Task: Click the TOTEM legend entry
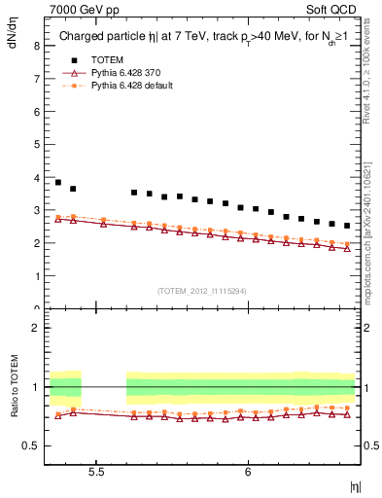point(110,59)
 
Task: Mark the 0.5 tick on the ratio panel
point(31,446)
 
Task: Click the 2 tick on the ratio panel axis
point(35,328)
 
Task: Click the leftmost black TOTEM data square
point(58,182)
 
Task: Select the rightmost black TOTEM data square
point(347,226)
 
